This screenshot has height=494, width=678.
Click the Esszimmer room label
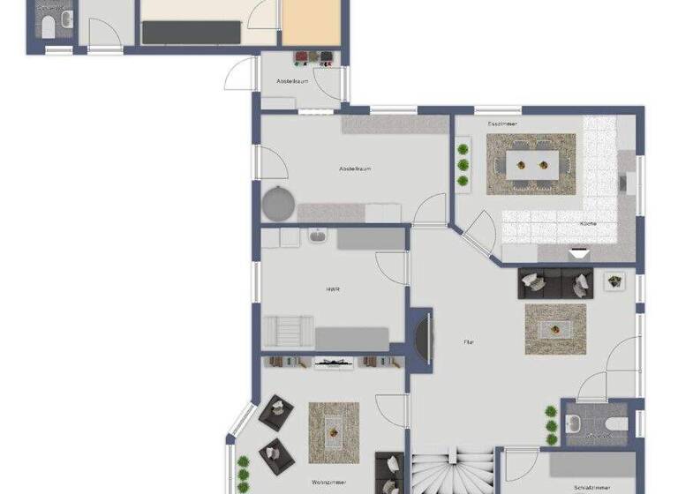502,124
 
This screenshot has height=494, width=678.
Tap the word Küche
588,224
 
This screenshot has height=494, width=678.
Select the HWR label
333,288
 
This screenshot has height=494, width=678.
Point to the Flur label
470,341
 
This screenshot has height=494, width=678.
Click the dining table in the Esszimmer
531,162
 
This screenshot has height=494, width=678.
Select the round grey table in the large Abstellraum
278,202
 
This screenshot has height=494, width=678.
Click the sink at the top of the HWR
316,236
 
